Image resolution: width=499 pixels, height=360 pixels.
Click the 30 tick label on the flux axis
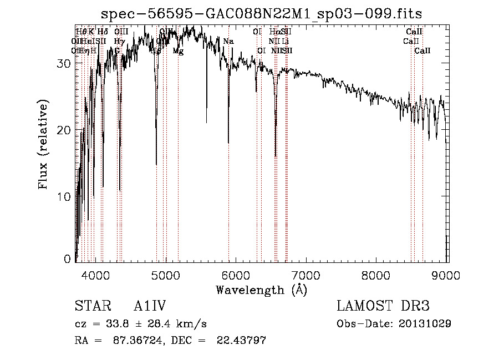point(64,63)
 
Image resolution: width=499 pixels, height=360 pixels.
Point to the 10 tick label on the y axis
point(64,197)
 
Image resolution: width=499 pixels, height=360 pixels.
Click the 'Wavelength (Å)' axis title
point(261,289)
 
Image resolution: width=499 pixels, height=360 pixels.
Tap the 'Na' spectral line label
point(228,42)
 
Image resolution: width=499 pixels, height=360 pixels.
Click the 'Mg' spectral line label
point(178,51)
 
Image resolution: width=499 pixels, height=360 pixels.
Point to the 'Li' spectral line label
point(285,42)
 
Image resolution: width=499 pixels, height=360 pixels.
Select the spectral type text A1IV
point(150,306)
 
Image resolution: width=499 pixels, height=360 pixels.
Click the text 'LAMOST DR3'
point(383,306)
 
